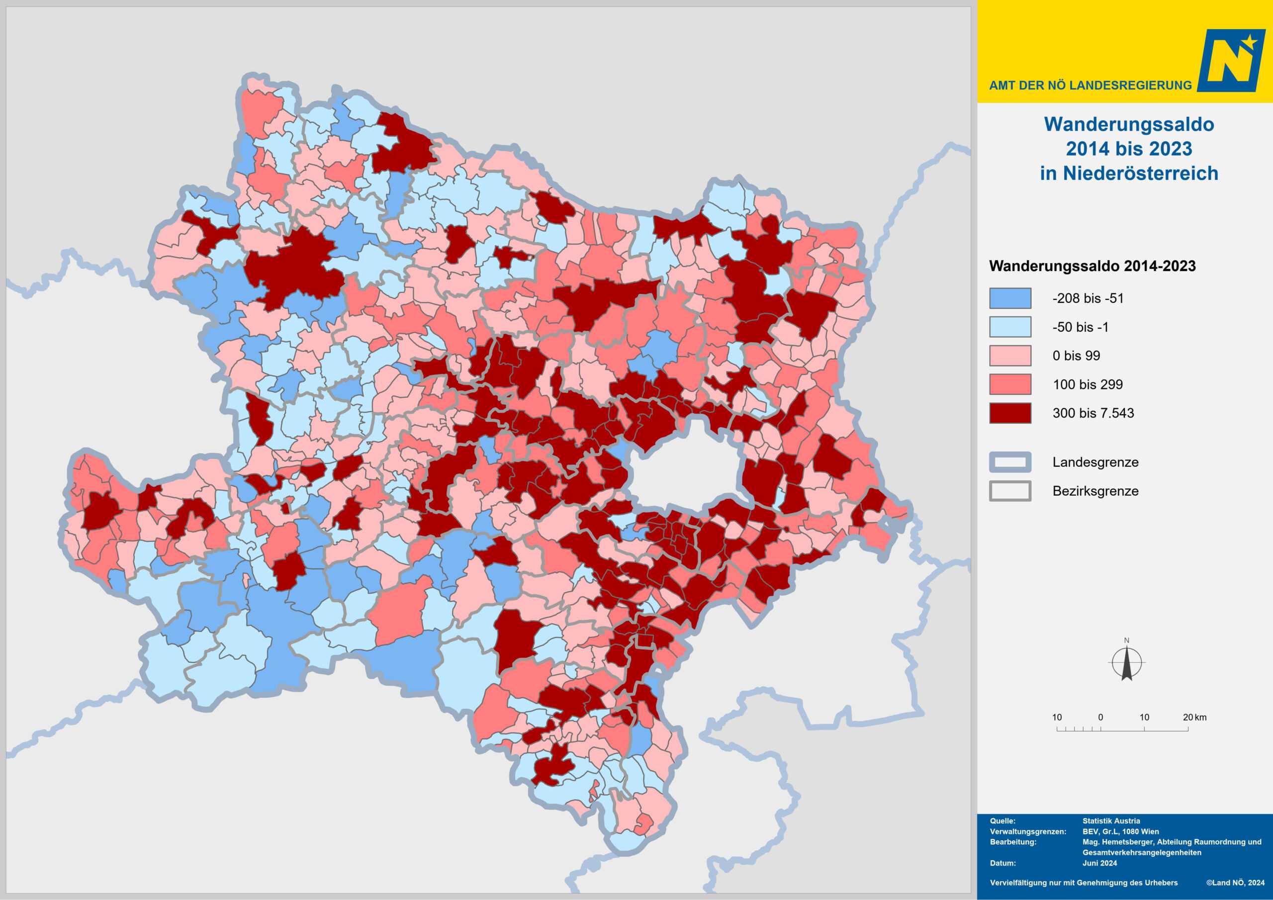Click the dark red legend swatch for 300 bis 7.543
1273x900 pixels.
tap(1010, 413)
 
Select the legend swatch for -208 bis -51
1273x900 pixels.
tap(1010, 298)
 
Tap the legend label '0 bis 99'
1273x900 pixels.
tap(1076, 356)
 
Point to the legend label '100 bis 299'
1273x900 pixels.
tap(1087, 384)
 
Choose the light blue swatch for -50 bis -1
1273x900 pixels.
tap(1010, 327)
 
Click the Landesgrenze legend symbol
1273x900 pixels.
tap(1010, 462)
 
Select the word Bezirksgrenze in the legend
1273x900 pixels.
tap(1095, 491)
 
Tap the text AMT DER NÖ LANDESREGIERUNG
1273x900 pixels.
tap(1090, 86)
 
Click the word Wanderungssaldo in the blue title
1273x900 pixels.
tap(1129, 124)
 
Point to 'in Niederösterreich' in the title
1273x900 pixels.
tap(1129, 173)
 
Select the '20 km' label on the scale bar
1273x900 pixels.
tap(1194, 717)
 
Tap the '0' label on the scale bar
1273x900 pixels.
tap(1100, 717)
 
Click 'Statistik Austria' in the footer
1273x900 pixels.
tap(1111, 821)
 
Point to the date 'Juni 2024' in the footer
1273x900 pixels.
tap(1099, 863)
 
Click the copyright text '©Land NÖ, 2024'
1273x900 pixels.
tap(1235, 882)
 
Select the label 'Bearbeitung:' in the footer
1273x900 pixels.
tap(1013, 842)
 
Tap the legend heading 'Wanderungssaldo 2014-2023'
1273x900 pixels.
tap(1092, 266)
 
